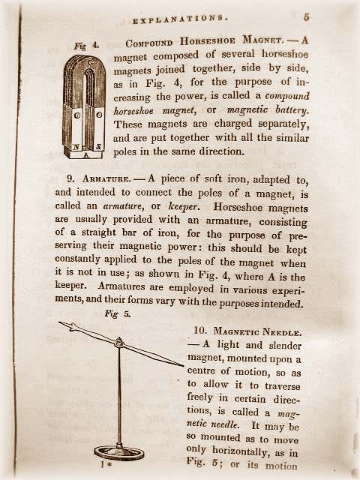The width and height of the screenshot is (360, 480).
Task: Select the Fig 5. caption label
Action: [118, 314]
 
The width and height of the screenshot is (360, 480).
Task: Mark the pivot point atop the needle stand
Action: [118, 342]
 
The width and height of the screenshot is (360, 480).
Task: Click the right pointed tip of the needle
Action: [183, 366]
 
